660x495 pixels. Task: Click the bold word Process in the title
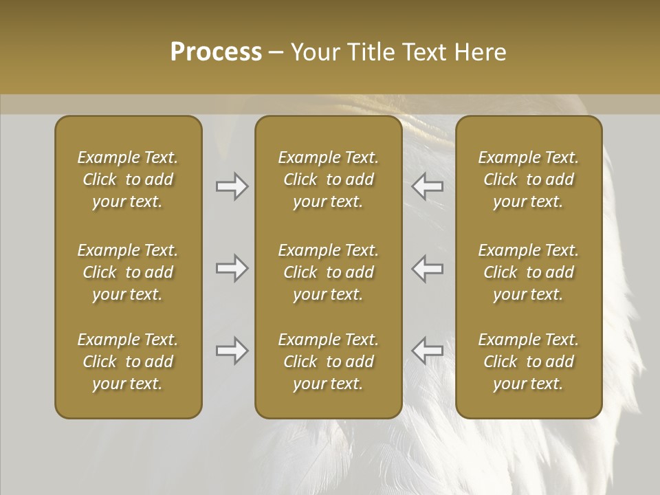(x=216, y=52)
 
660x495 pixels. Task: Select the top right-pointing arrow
(x=232, y=186)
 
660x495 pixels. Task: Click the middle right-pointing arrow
(x=232, y=268)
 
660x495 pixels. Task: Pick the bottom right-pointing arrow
(x=232, y=351)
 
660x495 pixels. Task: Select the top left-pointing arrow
(x=428, y=186)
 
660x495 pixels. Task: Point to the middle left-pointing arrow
(x=428, y=268)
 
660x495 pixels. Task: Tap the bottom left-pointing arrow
(x=428, y=351)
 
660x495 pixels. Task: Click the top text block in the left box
(x=128, y=179)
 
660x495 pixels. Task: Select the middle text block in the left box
(x=128, y=272)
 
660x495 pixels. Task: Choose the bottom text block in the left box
(x=128, y=362)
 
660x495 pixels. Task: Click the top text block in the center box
(x=329, y=179)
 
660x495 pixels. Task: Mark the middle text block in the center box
(x=329, y=272)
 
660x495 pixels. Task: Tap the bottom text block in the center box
(x=329, y=362)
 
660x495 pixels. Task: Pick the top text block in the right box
(x=529, y=179)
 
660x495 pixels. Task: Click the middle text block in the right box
(x=529, y=272)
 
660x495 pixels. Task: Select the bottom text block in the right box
(x=529, y=362)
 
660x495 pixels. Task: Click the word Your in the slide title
(x=313, y=52)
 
